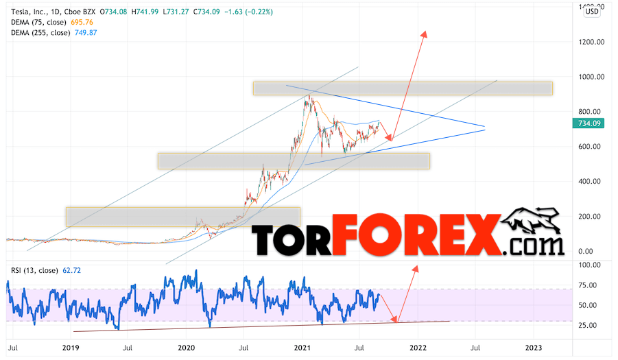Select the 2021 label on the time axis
coord(302,348)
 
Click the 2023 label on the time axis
coord(534,348)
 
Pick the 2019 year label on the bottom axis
coord(70,348)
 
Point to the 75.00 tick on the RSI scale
coord(584,285)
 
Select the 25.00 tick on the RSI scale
coord(584,325)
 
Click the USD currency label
coord(592,10)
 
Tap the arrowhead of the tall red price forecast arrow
coord(425,34)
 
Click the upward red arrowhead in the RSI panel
coord(414,269)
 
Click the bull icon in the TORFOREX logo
coord(532,223)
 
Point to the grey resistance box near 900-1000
coord(403,88)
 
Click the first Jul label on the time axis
coord(12,348)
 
